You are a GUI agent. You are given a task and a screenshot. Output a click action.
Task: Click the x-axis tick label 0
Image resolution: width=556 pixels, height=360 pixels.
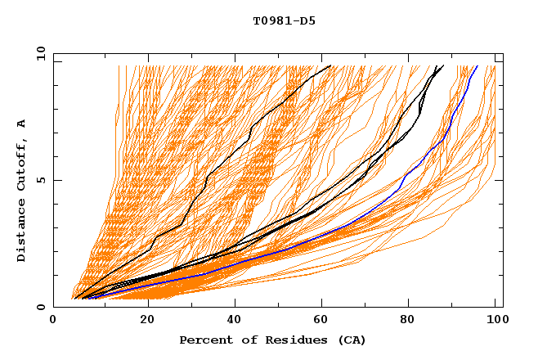[53, 321]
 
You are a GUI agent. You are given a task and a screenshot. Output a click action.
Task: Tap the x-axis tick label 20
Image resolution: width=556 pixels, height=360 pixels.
[141, 321]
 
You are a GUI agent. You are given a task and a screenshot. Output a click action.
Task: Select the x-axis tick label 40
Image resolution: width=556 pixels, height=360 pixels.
[231, 321]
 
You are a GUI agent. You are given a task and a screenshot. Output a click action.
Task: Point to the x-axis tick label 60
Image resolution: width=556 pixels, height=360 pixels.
[319, 321]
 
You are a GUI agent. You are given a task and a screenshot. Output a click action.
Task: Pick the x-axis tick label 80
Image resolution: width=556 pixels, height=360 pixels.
[407, 321]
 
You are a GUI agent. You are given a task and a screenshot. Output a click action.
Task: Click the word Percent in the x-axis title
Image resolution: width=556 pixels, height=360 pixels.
[203, 340]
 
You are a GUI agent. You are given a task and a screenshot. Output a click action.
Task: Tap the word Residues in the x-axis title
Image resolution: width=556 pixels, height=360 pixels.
[289, 340]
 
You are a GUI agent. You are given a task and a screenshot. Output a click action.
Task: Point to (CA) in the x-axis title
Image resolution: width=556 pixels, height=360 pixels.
[351, 340]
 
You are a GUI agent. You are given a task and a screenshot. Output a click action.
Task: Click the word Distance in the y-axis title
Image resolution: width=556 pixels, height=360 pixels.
[22, 232]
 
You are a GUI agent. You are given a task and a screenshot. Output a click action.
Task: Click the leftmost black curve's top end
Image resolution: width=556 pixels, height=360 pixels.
[330, 65]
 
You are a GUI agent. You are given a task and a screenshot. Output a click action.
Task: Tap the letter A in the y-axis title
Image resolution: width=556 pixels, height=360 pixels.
[22, 123]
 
